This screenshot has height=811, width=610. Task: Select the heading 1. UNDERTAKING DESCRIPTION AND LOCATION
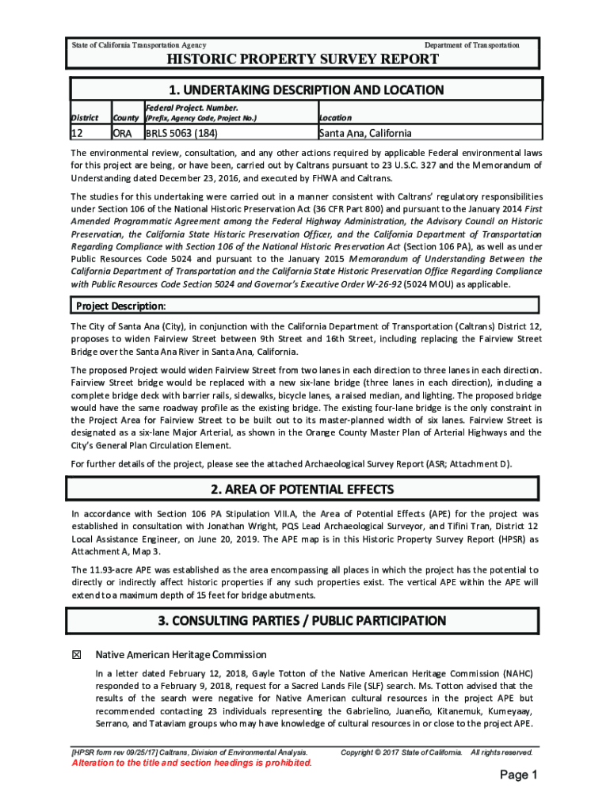(x=306, y=90)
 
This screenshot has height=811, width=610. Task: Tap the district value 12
(x=78, y=133)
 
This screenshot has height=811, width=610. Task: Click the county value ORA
(x=122, y=133)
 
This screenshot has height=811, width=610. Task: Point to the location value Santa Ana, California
(x=366, y=133)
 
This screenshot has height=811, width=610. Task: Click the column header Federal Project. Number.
(x=191, y=107)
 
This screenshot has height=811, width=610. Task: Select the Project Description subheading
(x=120, y=306)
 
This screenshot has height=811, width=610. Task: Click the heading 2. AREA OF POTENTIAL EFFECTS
(x=306, y=489)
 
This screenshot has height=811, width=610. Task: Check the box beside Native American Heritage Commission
(x=77, y=655)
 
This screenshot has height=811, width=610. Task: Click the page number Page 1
(x=519, y=775)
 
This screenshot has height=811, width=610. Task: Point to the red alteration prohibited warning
(x=192, y=763)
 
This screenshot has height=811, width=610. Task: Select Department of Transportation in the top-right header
(x=472, y=45)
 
